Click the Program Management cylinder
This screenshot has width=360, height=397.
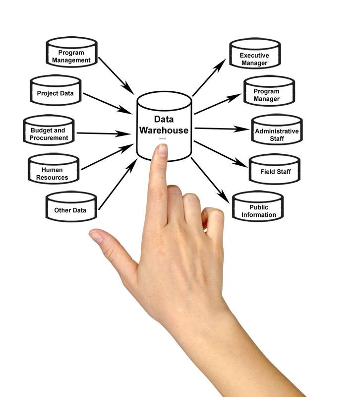pyautogui.click(x=71, y=53)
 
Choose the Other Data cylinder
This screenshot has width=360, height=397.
pyautogui.click(x=70, y=208)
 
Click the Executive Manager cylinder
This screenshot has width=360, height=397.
pyautogui.click(x=253, y=56)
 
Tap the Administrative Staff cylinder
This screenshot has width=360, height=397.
pyautogui.click(x=277, y=132)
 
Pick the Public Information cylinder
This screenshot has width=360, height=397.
pyautogui.click(x=258, y=208)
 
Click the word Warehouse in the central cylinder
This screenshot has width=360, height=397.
pyautogui.click(x=164, y=131)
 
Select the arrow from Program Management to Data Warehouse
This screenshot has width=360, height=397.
pyautogui.click(x=116, y=75)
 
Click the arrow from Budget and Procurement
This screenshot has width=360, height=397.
pyautogui.click(x=102, y=133)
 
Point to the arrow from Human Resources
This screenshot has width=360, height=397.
pyautogui.click(x=107, y=157)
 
